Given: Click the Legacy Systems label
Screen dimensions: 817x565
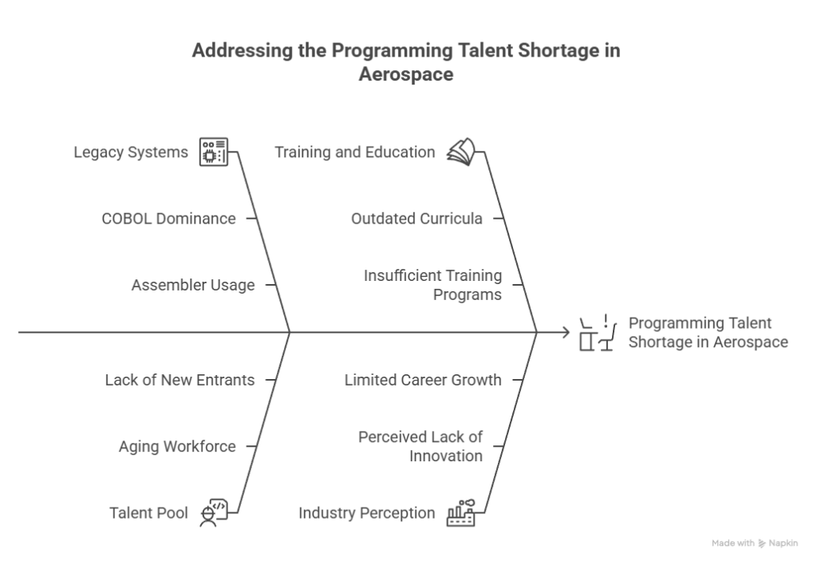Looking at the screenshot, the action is pyautogui.click(x=131, y=152).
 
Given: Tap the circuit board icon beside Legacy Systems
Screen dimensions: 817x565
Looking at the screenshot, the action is pyautogui.click(x=214, y=152).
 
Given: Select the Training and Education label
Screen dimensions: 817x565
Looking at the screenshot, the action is pyautogui.click(x=355, y=152).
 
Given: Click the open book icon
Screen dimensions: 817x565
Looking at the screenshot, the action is pyautogui.click(x=461, y=152).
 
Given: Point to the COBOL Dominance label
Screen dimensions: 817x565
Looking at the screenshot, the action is pyautogui.click(x=169, y=219).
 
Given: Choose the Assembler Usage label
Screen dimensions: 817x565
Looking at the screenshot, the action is pyautogui.click(x=193, y=285).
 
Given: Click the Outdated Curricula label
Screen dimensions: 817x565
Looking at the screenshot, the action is pyautogui.click(x=416, y=219).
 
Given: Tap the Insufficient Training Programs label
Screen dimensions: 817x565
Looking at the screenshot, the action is pyautogui.click(x=433, y=285).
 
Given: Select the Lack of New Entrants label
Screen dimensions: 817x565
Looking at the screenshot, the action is pyautogui.click(x=180, y=380).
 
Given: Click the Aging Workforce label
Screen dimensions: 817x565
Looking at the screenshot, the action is pyautogui.click(x=177, y=447).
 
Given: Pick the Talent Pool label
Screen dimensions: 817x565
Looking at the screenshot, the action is pyautogui.click(x=148, y=513).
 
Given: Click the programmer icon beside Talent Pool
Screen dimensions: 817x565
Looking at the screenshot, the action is pyautogui.click(x=214, y=513).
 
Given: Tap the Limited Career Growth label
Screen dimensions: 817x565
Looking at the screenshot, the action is pyautogui.click(x=423, y=380).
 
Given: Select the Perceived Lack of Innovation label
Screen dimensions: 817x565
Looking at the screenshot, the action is pyautogui.click(x=420, y=446).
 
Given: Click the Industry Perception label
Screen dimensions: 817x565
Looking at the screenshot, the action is pyautogui.click(x=367, y=513).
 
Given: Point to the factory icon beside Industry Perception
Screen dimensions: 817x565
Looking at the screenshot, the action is pyautogui.click(x=461, y=513).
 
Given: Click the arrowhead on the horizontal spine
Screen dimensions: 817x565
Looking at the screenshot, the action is pyautogui.click(x=566, y=332).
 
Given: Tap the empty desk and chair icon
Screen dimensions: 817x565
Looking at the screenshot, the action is pyautogui.click(x=598, y=333).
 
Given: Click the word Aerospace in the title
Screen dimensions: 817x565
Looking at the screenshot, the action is pyautogui.click(x=406, y=74).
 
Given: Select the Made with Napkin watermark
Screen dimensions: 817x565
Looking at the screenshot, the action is pyautogui.click(x=755, y=543).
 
